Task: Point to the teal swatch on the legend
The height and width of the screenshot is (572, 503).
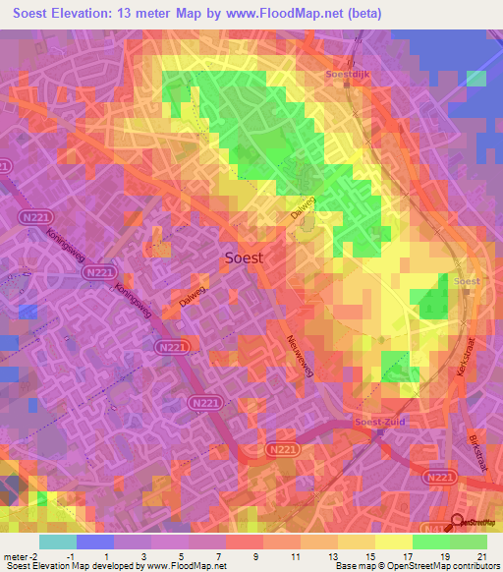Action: (57, 541)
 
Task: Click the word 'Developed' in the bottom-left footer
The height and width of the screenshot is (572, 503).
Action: (112, 566)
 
